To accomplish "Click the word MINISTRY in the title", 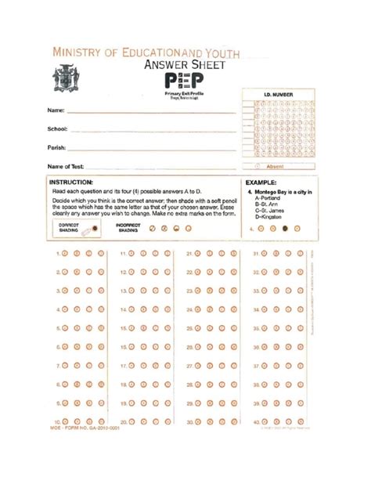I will tap(81, 52).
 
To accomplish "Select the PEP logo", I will tap(185, 82).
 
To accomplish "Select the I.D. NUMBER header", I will tap(278, 95).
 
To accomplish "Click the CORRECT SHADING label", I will tap(69, 228).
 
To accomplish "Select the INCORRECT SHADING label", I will tap(128, 228).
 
